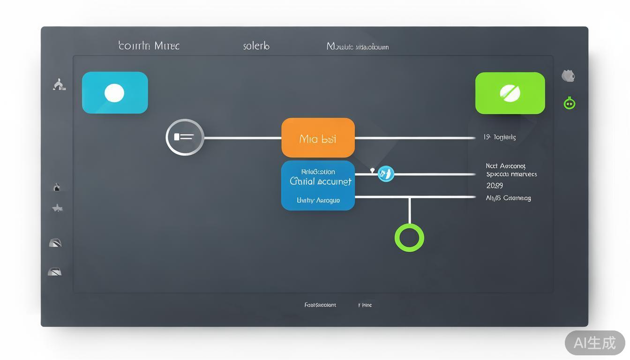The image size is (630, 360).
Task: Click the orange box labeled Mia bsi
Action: click(x=318, y=138)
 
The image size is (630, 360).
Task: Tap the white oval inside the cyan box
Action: click(x=114, y=93)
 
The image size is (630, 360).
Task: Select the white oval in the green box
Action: click(x=510, y=93)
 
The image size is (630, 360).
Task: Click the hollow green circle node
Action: click(x=409, y=237)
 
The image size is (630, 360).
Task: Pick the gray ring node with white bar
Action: click(x=185, y=137)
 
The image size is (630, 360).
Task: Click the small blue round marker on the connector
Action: click(x=386, y=174)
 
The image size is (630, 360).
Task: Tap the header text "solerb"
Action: click(x=256, y=46)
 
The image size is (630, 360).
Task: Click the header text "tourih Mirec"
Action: click(x=149, y=46)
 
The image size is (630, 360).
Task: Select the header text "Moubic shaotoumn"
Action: click(x=358, y=47)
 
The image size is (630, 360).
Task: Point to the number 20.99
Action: click(x=495, y=186)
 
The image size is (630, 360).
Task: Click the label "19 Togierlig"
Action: click(x=500, y=137)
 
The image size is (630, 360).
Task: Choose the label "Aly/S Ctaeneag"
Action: click(x=508, y=198)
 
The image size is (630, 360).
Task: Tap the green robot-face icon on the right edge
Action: click(x=569, y=103)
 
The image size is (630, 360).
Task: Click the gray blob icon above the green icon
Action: click(x=568, y=75)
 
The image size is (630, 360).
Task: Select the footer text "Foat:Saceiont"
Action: click(x=320, y=305)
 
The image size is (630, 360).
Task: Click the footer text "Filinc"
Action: click(x=365, y=305)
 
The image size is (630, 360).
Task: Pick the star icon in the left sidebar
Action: click(x=57, y=208)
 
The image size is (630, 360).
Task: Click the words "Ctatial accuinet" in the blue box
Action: click(x=321, y=181)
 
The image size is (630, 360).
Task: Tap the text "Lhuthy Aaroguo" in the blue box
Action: click(x=318, y=200)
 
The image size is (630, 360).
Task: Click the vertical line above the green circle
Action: click(x=410, y=211)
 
